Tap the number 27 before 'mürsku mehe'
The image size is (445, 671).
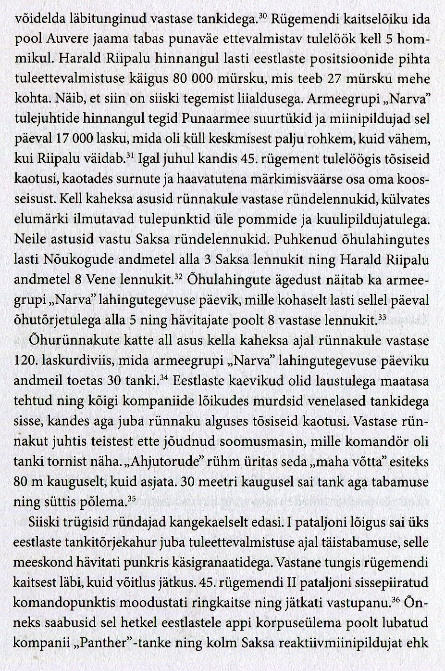[331, 79]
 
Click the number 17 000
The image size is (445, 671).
[74, 139]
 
